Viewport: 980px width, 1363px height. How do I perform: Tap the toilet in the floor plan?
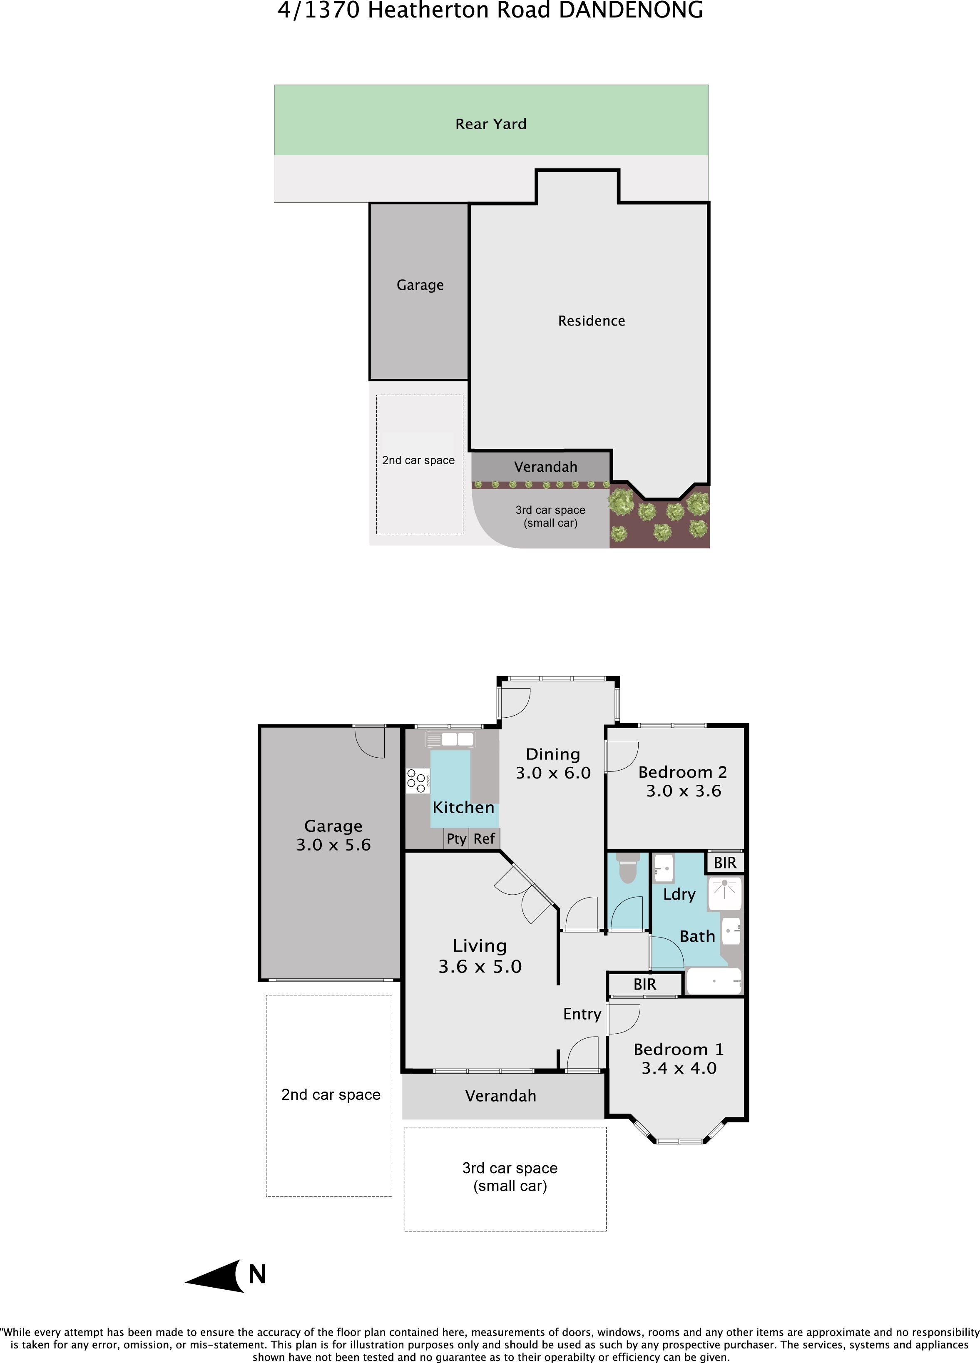[x=627, y=868]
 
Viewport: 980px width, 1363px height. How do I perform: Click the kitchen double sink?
[x=457, y=739]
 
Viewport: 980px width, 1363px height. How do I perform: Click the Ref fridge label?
[x=484, y=838]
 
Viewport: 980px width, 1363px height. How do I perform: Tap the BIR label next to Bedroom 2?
[x=725, y=863]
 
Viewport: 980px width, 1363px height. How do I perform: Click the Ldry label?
[x=679, y=895]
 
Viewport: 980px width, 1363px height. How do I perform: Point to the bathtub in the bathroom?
[x=714, y=981]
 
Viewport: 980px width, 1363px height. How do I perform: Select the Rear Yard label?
[x=491, y=124]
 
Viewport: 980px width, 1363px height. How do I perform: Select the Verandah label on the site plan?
[x=546, y=467]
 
